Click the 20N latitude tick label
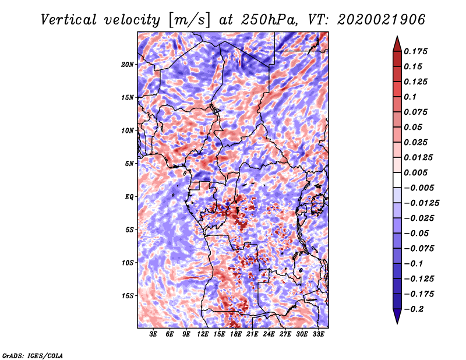pos(128,64)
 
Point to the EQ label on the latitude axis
pos(129,196)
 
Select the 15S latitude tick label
pos(128,295)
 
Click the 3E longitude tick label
pos(154,334)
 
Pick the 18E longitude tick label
pos(236,334)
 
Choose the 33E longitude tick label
pos(318,334)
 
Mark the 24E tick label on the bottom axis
pos(269,334)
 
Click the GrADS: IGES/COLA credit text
pos(32,355)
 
